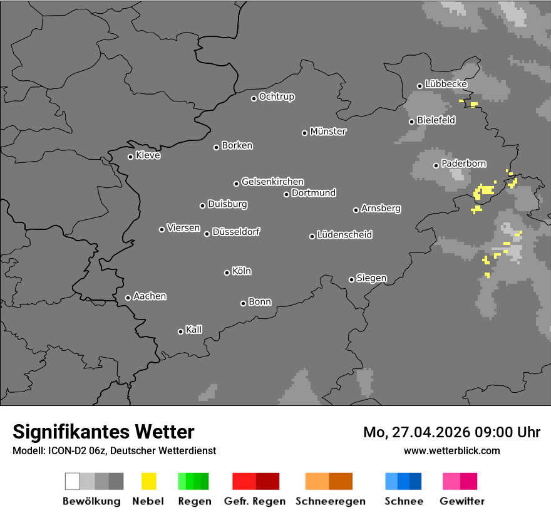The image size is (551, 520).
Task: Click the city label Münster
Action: [328, 132]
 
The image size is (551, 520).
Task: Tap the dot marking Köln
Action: [227, 273]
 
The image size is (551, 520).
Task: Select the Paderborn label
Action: [464, 164]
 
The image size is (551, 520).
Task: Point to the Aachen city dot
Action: [128, 298]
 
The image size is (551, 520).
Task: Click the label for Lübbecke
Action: [446, 84]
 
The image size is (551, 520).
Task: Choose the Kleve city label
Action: [148, 155]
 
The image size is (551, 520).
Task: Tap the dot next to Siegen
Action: [351, 279]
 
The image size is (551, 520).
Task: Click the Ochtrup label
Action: [277, 97]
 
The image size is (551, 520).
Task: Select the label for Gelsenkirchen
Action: [272, 182]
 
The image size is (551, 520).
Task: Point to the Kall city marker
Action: [180, 331]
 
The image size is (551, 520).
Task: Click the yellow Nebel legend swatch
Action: [148, 481]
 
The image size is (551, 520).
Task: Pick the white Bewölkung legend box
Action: [73, 481]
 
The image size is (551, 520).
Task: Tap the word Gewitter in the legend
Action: [462, 501]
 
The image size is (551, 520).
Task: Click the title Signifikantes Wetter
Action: [103, 432]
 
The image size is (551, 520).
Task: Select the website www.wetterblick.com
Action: [452, 450]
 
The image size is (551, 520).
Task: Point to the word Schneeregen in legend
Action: [330, 501]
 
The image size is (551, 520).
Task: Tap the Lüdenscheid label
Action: [344, 235]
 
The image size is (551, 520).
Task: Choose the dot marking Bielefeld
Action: [411, 122]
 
